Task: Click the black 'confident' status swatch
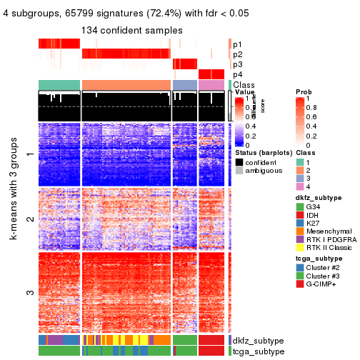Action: [x=239, y=161]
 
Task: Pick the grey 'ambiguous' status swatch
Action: [x=239, y=171]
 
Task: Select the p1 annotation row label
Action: [x=237, y=44]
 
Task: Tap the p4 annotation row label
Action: [x=237, y=74]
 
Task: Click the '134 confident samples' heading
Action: [x=131, y=30]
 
